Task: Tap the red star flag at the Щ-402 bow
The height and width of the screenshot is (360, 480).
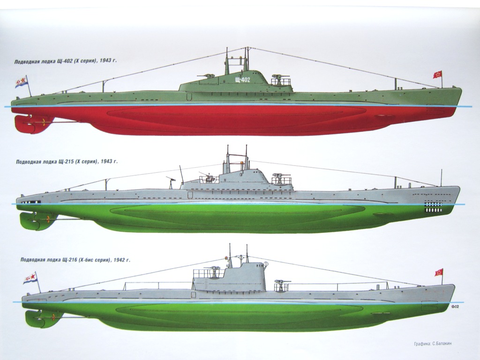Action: (x=437, y=75)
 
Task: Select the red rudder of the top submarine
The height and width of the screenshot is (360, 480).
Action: (x=23, y=123)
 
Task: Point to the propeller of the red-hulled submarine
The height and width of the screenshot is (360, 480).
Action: (x=44, y=124)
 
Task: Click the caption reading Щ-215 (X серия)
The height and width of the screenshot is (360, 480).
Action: (x=66, y=161)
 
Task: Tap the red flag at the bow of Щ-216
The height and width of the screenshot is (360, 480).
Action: (x=439, y=272)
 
